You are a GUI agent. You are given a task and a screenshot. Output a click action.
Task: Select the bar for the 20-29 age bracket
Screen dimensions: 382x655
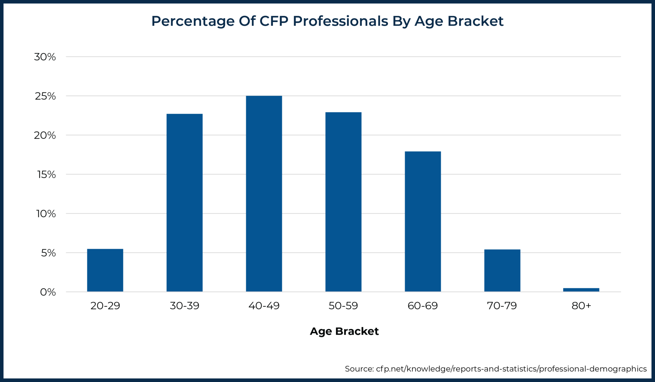point(105,270)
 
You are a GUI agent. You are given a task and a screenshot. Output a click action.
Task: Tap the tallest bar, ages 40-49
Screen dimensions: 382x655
point(264,193)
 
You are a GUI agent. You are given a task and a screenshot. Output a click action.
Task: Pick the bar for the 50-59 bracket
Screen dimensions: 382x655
point(343,202)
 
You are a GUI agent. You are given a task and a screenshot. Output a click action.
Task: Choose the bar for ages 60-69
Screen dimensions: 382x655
point(423,221)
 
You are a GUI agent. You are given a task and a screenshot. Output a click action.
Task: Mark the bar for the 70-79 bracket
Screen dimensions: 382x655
point(502,271)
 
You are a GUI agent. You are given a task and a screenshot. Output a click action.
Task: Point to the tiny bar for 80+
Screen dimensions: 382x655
point(581,290)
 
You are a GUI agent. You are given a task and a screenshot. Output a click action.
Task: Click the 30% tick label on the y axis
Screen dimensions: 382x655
point(45,57)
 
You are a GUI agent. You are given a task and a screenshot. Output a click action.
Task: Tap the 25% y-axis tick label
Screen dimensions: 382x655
point(45,96)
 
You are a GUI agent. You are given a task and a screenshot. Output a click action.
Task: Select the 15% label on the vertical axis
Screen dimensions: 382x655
point(46,175)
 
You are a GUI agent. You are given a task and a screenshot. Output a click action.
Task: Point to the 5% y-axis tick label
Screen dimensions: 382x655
point(48,253)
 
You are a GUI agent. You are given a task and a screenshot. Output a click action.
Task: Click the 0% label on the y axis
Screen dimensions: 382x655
point(48,292)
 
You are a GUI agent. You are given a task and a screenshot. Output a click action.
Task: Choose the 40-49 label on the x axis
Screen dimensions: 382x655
point(264,306)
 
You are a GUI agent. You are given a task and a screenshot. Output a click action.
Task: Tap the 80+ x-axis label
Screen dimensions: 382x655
point(581,306)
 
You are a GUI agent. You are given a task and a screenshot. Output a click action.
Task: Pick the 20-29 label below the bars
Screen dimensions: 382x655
point(105,306)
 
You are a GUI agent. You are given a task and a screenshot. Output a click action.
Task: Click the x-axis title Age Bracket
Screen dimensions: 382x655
point(344,331)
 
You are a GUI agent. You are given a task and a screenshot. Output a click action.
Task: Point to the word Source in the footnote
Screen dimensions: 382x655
point(359,369)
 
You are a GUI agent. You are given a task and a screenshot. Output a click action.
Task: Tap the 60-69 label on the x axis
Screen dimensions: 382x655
point(422,306)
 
